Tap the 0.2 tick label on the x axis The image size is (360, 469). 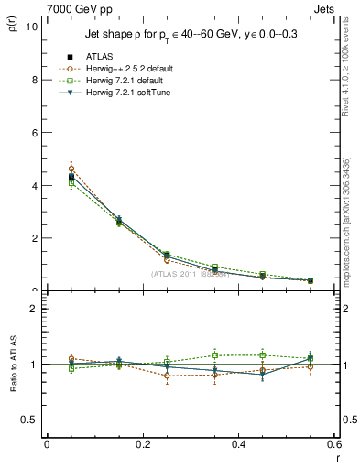(x=142, y=444)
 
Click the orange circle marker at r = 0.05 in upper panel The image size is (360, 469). (x=71, y=169)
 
